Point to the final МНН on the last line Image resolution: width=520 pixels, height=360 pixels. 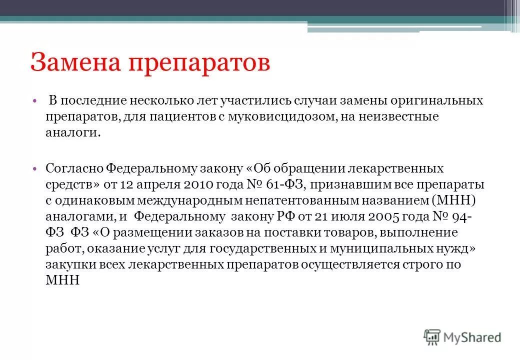click(62, 280)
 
